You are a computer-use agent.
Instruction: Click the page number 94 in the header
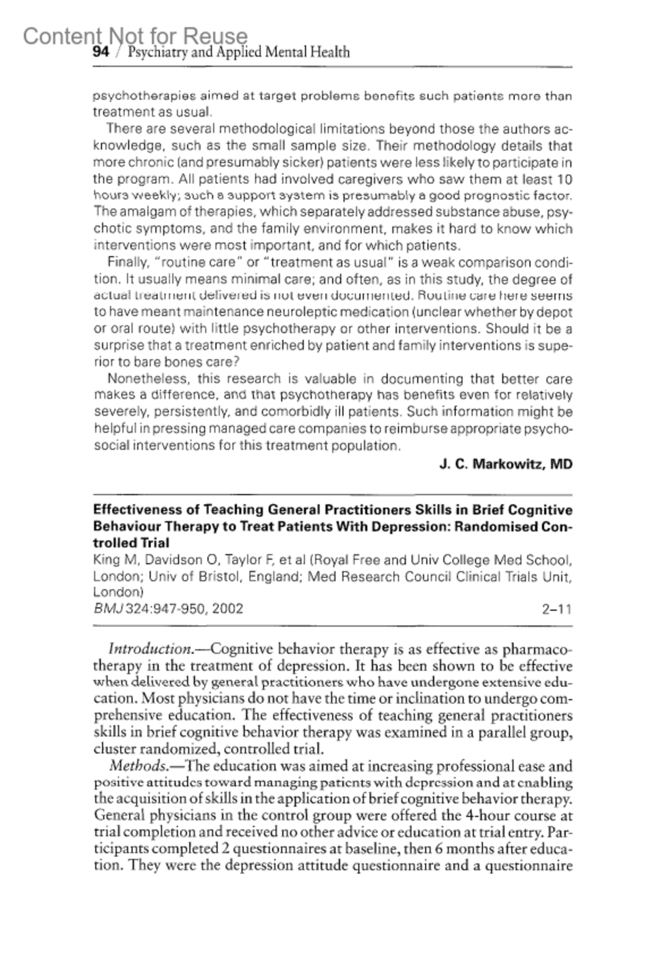pyautogui.click(x=101, y=52)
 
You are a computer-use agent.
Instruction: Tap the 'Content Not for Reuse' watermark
pyautogui.click(x=135, y=36)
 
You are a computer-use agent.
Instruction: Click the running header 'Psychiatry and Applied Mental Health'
pyautogui.click(x=238, y=52)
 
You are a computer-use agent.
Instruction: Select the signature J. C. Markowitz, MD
pyautogui.click(x=506, y=464)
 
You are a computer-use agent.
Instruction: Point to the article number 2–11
pyautogui.click(x=556, y=609)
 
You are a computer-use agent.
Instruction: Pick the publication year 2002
pyautogui.click(x=228, y=609)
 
